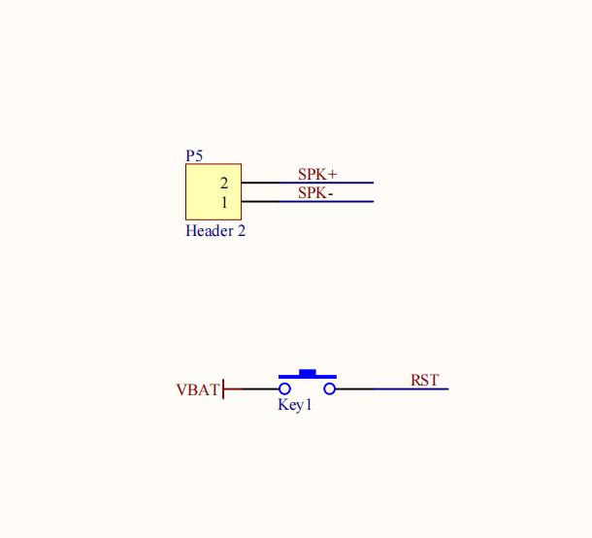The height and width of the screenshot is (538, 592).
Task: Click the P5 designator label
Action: pos(194,155)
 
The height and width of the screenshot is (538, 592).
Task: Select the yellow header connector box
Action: pos(214,191)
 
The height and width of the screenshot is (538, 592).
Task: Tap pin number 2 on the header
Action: pos(224,184)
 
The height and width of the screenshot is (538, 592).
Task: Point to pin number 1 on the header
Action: pos(224,203)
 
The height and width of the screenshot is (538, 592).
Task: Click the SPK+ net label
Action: pos(317,174)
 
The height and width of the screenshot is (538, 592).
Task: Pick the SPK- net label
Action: pos(315,193)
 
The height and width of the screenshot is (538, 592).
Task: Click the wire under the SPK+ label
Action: pos(308,183)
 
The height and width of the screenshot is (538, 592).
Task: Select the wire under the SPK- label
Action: pos(308,201)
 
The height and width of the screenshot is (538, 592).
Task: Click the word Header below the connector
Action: pos(210,231)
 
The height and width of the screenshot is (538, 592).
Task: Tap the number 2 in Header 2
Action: pos(242,231)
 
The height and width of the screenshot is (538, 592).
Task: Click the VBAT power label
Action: pos(197,389)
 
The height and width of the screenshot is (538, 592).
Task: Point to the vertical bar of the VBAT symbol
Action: pos(223,388)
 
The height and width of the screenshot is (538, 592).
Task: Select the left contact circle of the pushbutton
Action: pos(284,388)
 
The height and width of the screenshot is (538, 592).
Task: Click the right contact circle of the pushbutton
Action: pos(330,388)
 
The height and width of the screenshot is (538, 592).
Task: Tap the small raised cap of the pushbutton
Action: pos(308,373)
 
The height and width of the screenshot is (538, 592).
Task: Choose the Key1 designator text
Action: pos(294,405)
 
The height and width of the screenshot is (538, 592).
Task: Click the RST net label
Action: pos(425,380)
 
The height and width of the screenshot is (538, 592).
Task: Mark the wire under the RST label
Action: pos(392,388)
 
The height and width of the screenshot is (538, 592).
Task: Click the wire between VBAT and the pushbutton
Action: pos(251,388)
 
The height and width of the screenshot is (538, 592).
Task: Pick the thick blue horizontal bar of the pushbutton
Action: pos(308,377)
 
